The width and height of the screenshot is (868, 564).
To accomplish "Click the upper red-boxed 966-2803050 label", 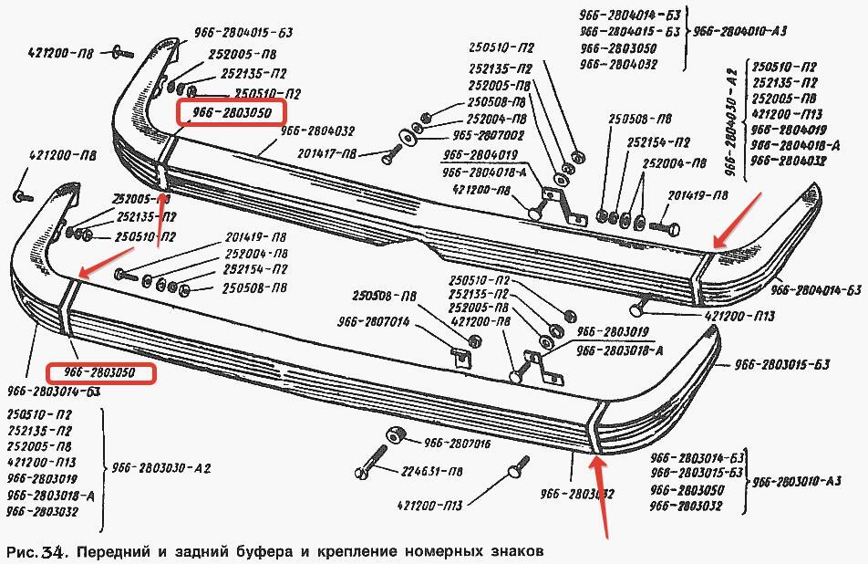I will [232, 113].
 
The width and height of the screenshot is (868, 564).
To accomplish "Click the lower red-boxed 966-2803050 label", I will [100, 372].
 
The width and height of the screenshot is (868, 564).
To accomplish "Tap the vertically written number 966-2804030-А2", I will [730, 115].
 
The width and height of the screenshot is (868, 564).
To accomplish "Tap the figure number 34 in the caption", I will [46, 552].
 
